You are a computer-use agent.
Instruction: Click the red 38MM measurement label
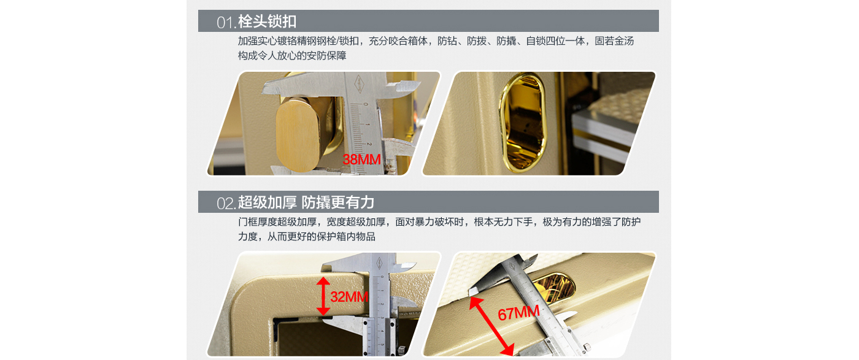(x=361, y=159)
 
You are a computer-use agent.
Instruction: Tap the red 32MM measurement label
(x=349, y=296)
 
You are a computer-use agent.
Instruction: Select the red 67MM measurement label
(x=518, y=313)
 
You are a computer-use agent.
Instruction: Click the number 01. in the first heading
(x=226, y=23)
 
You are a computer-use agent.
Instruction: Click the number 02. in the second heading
(x=226, y=203)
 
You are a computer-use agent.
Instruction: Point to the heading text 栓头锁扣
(x=267, y=21)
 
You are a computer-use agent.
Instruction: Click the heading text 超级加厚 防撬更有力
(x=306, y=202)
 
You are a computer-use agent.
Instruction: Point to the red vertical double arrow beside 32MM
(x=323, y=296)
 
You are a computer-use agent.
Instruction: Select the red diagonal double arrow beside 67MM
(x=491, y=326)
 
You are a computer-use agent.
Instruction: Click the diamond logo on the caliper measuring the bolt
(x=358, y=84)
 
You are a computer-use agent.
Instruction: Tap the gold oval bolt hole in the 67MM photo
(x=555, y=286)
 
